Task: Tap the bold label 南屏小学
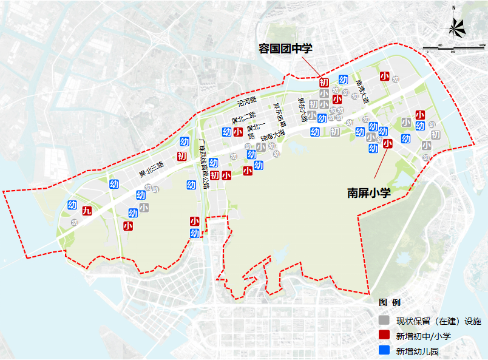[x=368, y=192]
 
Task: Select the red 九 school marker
[x=87, y=211]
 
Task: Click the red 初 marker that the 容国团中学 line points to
[x=324, y=82]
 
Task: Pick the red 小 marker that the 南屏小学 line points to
[x=387, y=144]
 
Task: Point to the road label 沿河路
[x=248, y=100]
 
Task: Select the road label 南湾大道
[x=363, y=92]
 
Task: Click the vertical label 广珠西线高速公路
[x=203, y=164]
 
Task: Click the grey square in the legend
[x=383, y=320]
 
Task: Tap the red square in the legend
[x=383, y=336]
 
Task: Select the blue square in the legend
[x=383, y=350]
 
